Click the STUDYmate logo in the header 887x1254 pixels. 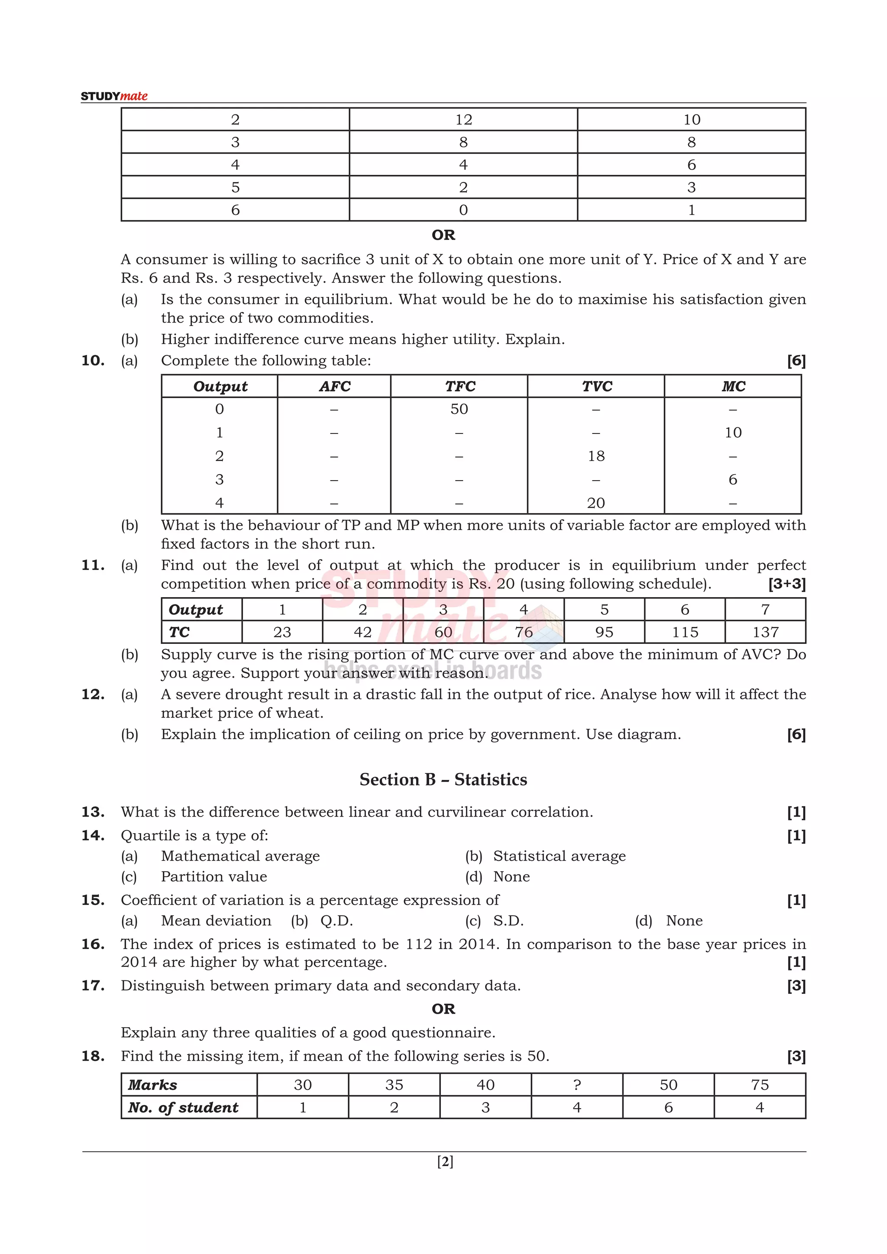(114, 96)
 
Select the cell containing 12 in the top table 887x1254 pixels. (463, 120)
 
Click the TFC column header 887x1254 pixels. (460, 386)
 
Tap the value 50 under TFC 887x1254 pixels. (459, 409)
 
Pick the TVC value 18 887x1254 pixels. (596, 456)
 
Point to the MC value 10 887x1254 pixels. (732, 433)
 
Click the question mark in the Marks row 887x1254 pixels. (577, 1085)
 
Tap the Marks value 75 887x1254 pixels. (759, 1085)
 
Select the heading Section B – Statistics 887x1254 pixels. (443, 779)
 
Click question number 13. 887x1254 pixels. (93, 812)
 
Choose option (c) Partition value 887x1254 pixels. (214, 876)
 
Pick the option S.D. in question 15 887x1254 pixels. (508, 921)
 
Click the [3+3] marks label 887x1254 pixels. (787, 584)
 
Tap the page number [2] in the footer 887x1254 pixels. (445, 1162)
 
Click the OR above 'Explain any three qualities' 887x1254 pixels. (443, 1009)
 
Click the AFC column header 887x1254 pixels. (334, 386)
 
